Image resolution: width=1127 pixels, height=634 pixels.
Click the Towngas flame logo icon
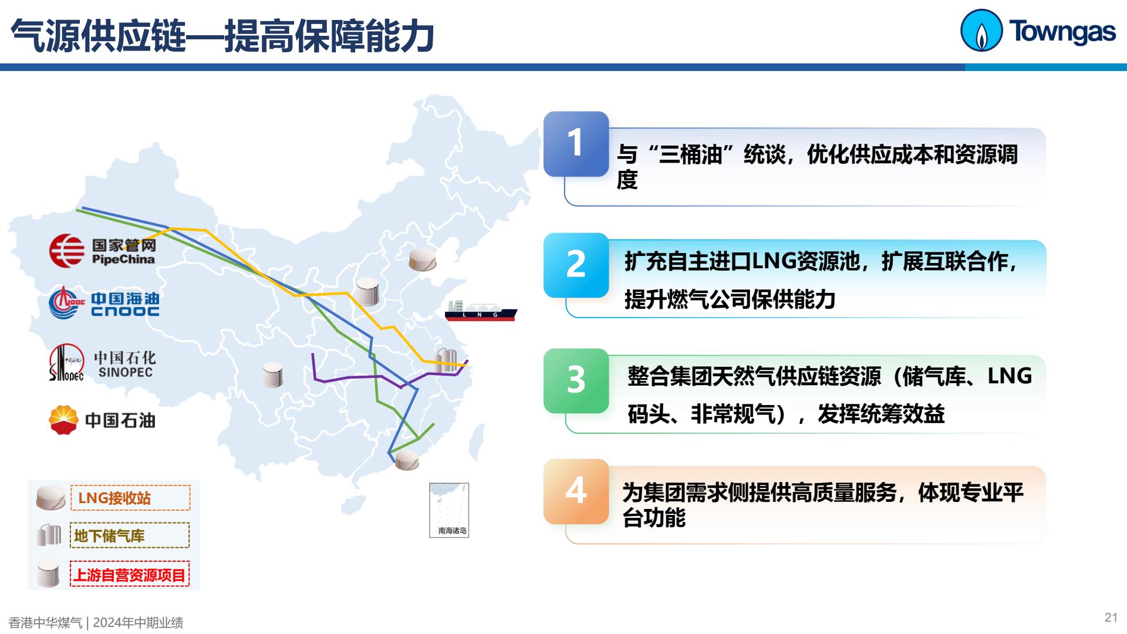pos(981,31)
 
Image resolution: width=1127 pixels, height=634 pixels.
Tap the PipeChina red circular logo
pos(66,251)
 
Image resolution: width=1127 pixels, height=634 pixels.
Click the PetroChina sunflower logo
pos(64,420)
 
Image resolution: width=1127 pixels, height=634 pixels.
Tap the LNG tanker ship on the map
pos(481,311)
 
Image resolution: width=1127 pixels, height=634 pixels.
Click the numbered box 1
pos(576,144)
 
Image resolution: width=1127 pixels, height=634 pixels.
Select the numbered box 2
pos(576,265)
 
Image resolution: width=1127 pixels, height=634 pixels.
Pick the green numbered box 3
pos(576,381)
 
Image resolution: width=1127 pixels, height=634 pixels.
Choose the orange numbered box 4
pos(576,491)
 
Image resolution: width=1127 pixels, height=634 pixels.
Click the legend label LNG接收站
pos(114,498)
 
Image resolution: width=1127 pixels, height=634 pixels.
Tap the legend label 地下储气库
pos(109,536)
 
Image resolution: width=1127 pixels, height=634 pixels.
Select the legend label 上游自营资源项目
pos(129,575)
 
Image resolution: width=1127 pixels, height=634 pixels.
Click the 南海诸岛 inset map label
pos(453,531)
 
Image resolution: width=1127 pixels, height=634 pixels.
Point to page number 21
pos(1111,617)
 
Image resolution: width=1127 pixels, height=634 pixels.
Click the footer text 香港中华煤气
pos(46,623)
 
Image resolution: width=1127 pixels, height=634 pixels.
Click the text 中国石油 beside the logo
pos(120,420)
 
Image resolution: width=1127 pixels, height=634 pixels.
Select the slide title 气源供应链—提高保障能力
pos(222,36)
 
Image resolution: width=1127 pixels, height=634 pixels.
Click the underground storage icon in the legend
pos(49,535)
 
